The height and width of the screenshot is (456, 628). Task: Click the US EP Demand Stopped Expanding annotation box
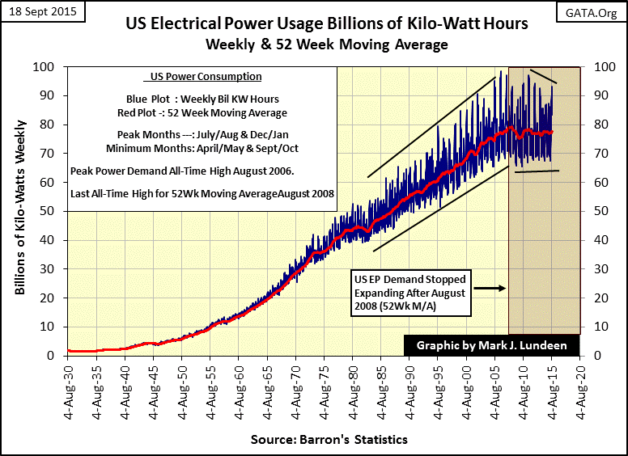(409, 287)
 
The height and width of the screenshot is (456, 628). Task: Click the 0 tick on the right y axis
(597, 355)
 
